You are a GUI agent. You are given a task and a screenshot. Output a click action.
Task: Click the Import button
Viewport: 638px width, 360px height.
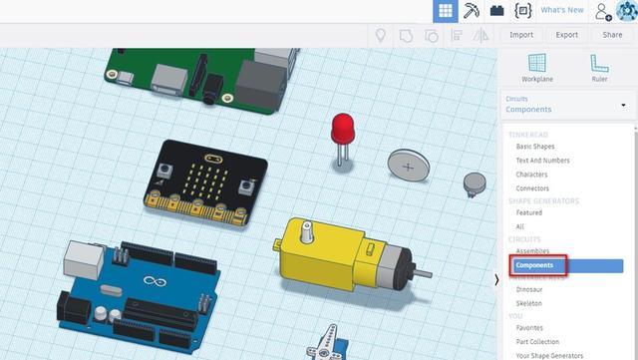pos(521,35)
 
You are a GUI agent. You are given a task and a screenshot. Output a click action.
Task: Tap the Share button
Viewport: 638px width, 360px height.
pos(612,35)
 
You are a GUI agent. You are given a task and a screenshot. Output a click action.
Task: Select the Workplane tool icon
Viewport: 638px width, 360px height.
pos(537,63)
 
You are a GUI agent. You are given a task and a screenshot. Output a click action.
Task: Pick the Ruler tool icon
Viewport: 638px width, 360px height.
pos(599,63)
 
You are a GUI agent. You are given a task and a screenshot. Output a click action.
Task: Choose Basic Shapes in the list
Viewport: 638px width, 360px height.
pos(535,147)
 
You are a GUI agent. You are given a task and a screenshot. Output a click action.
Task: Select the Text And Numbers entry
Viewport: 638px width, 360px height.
pos(542,161)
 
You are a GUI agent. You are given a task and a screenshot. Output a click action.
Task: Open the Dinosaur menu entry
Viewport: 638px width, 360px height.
pos(529,289)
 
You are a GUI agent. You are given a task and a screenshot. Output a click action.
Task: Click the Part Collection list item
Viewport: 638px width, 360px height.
pos(537,342)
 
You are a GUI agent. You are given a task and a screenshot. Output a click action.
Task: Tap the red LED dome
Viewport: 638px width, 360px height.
pos(343,128)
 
